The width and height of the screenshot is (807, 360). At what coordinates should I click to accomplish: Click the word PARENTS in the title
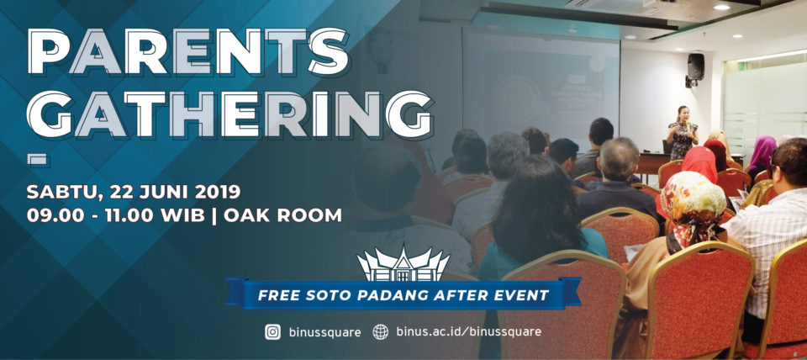[187, 53]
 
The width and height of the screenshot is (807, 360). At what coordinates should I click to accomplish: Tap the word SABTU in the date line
[60, 191]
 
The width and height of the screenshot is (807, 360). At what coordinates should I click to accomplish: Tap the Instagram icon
[272, 332]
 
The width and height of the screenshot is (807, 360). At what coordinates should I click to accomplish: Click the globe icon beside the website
[381, 332]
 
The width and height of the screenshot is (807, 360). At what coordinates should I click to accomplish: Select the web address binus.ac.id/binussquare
[469, 332]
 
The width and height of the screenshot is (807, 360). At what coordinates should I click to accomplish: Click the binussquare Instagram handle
[324, 332]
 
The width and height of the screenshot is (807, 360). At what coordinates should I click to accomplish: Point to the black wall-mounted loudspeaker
[696, 68]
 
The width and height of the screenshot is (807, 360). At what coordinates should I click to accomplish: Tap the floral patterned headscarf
[691, 204]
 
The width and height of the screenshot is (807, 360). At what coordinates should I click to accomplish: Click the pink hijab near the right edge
[762, 152]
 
